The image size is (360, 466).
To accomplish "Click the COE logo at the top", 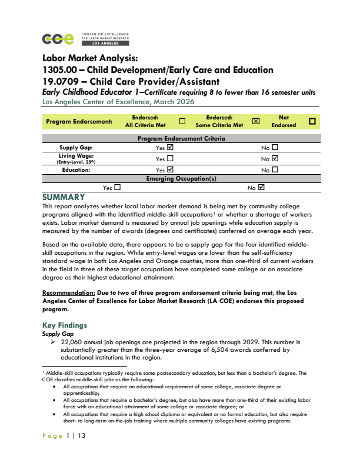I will click(58, 39).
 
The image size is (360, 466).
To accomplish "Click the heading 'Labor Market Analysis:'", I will click(90, 58).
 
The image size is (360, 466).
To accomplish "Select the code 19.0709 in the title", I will click(62, 81).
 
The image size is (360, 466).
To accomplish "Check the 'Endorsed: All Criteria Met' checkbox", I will click(182, 122).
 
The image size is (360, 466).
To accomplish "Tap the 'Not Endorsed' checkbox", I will click(312, 122).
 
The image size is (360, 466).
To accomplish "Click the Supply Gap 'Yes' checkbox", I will click(171, 148).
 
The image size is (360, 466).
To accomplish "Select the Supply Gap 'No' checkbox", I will click(275, 148).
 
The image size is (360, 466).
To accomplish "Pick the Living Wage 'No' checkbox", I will click(275, 158).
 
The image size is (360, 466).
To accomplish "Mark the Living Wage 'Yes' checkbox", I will click(171, 158).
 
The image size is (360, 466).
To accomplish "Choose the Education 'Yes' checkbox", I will click(171, 169).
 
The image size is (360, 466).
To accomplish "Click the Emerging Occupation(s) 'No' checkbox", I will click(262, 188).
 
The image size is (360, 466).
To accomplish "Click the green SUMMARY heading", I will click(64, 197).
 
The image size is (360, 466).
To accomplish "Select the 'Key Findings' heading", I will click(65, 325).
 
